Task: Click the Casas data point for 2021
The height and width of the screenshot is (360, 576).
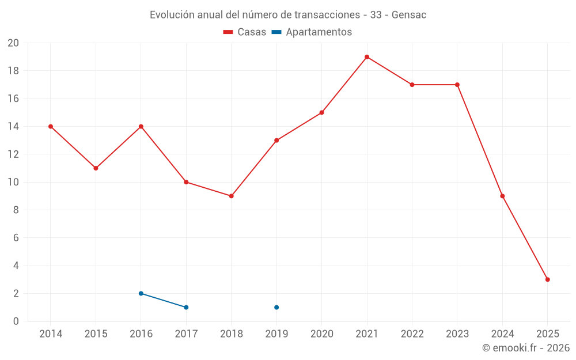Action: [367, 57]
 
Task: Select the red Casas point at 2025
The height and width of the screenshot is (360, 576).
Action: [547, 279]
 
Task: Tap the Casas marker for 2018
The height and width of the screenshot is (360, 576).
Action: [231, 196]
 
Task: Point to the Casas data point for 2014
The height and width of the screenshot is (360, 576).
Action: [51, 126]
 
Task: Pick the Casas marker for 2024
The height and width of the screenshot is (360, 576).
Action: [502, 196]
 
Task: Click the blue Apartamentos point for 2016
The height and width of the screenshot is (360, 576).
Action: [141, 293]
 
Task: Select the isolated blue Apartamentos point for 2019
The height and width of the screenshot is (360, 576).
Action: [276, 307]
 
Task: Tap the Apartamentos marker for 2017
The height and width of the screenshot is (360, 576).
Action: [186, 307]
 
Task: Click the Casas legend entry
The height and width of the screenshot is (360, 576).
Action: [245, 32]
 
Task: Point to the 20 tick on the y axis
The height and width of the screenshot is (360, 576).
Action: [13, 43]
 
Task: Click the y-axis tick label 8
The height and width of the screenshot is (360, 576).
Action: [16, 210]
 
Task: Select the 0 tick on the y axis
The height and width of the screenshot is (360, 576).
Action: [16, 321]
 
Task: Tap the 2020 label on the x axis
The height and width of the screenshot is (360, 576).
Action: [321, 334]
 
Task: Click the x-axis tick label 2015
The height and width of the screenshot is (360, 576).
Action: [96, 334]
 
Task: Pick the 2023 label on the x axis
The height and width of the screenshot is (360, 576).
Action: [457, 334]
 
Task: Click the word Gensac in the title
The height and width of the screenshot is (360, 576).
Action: [409, 15]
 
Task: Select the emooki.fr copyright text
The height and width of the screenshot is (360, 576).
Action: [525, 348]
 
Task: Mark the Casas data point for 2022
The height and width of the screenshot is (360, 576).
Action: [412, 85]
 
